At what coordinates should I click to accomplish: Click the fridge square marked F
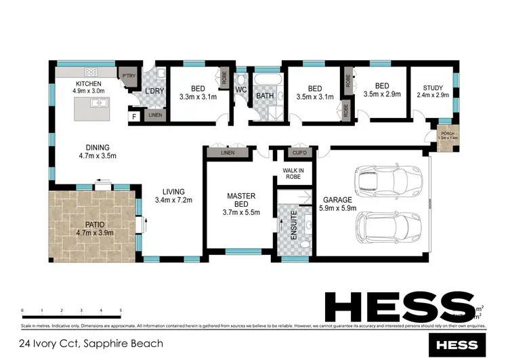point(134,117)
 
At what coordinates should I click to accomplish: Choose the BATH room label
point(263,96)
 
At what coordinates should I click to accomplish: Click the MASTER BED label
point(240,201)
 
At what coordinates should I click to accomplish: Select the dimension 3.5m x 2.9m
point(382,96)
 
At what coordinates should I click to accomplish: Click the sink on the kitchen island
point(101,103)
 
